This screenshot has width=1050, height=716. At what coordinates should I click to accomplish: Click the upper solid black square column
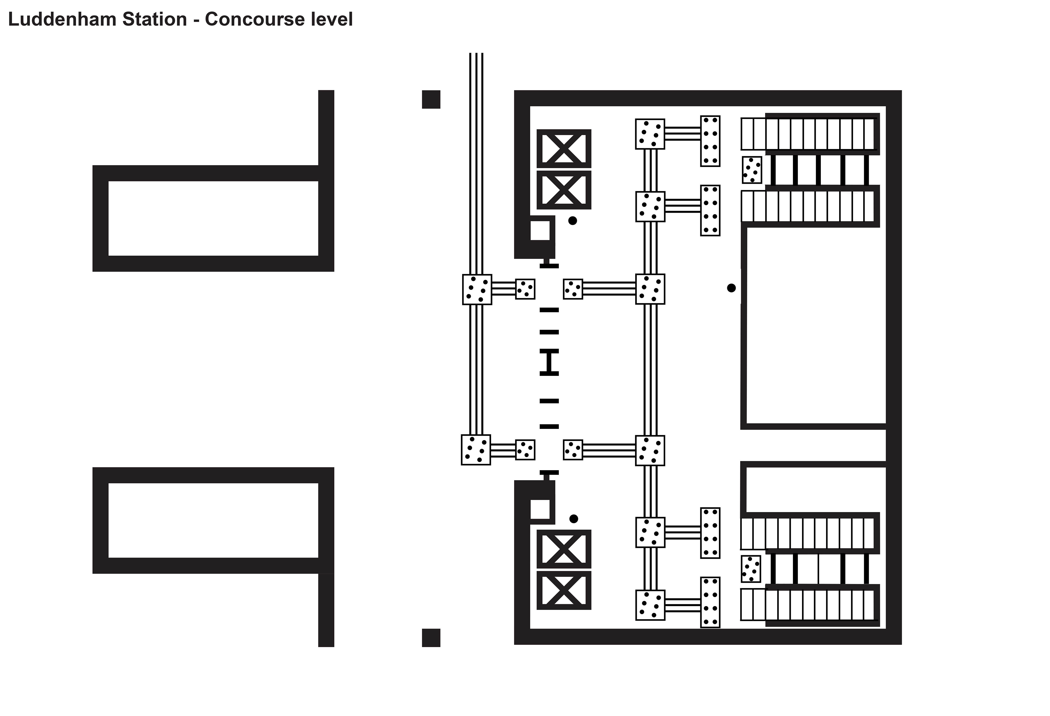click(431, 100)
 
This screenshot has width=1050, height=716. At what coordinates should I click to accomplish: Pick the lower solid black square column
click(431, 637)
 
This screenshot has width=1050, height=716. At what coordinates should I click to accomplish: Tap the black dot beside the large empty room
click(731, 288)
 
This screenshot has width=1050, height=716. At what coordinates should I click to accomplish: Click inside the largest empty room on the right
click(815, 325)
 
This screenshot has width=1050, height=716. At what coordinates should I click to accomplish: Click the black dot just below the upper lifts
click(572, 220)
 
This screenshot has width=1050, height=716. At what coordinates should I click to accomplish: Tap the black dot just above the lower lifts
click(573, 519)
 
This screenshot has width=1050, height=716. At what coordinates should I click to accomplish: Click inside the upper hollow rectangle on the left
click(213, 218)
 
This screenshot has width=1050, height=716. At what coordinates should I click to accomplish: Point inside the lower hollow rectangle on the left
click(213, 521)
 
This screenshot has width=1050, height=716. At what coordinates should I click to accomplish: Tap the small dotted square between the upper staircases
click(752, 170)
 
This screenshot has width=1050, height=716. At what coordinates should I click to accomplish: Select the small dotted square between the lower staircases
click(751, 569)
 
